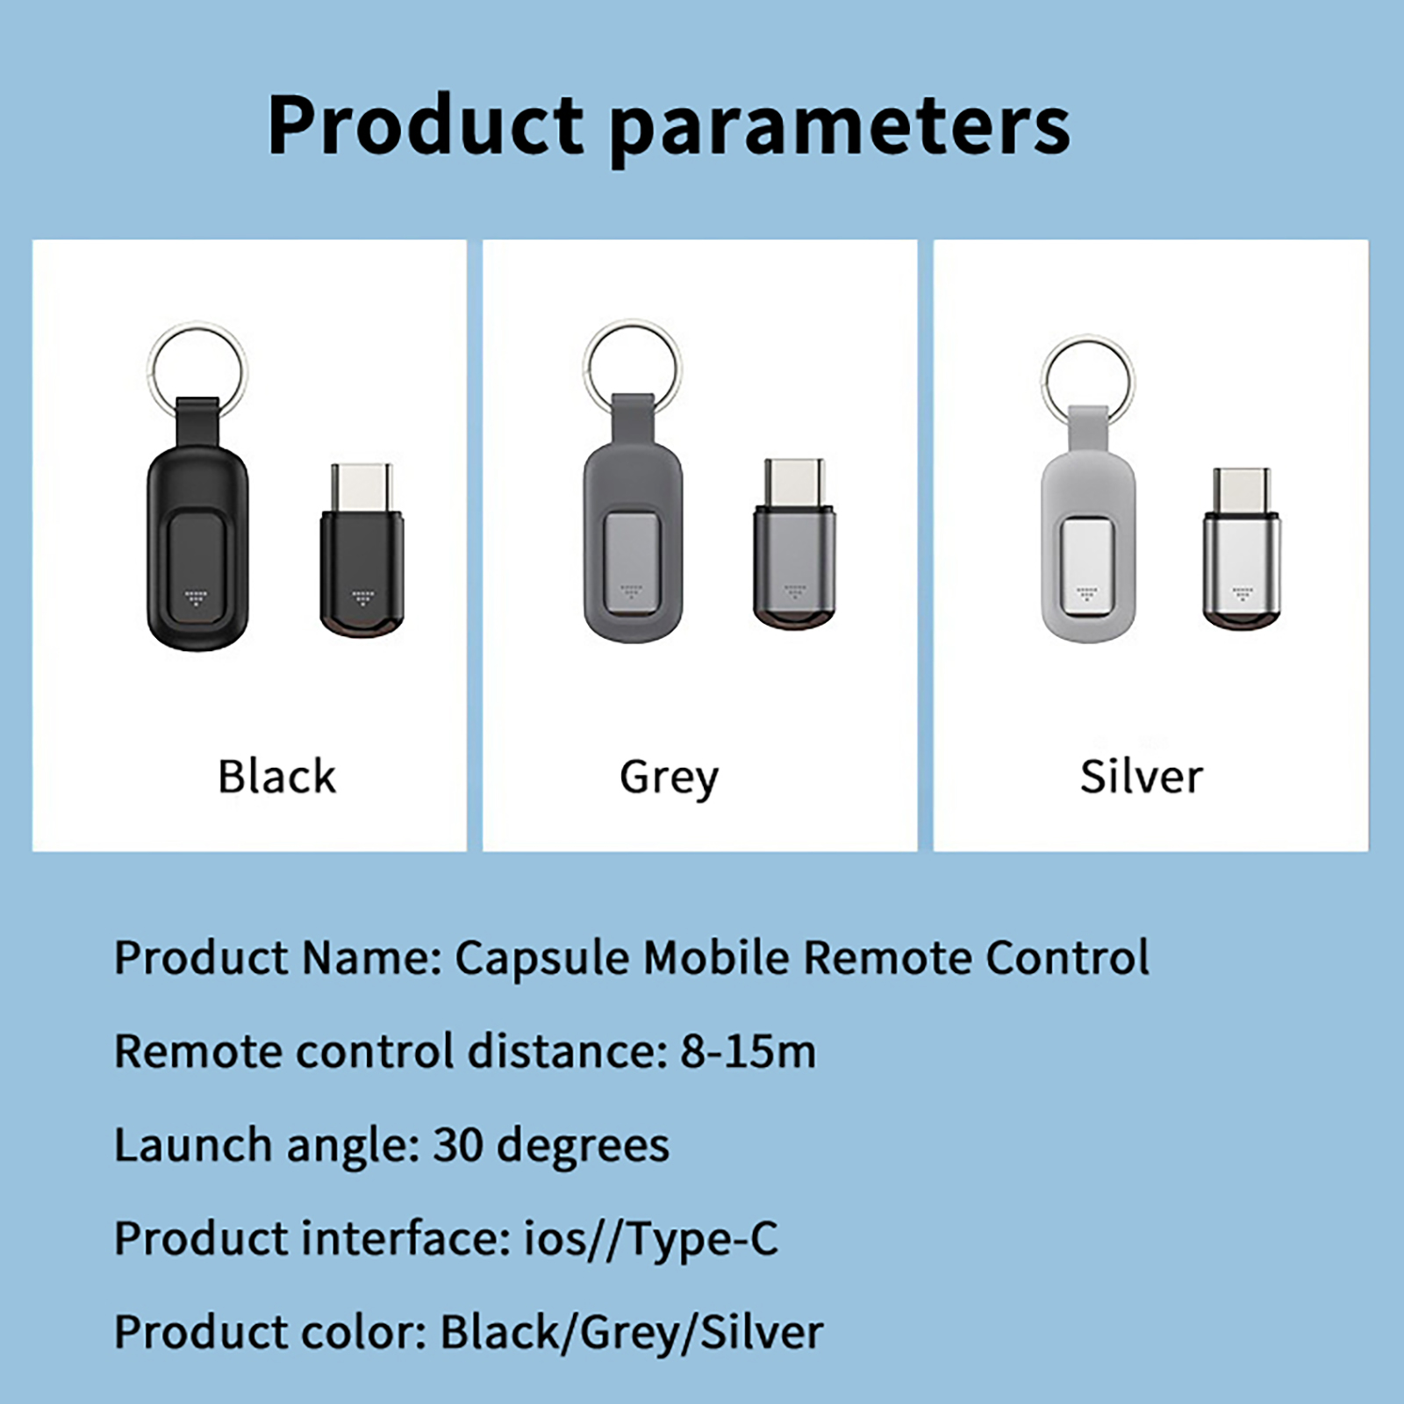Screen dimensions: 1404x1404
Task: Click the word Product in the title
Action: point(426,125)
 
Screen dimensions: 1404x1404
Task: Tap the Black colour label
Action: point(276,776)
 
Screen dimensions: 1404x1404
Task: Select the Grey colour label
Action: point(669,779)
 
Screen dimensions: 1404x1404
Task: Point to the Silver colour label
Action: point(1141,777)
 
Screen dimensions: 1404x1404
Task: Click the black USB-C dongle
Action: point(362,549)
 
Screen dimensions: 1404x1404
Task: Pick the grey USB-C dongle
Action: point(795,544)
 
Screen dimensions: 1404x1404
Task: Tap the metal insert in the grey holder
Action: point(633,561)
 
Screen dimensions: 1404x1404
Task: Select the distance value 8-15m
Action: point(748,1051)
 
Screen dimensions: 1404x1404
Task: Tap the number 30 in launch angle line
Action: point(458,1145)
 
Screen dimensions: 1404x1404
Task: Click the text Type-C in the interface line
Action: point(703,1239)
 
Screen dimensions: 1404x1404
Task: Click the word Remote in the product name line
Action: point(886,957)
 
